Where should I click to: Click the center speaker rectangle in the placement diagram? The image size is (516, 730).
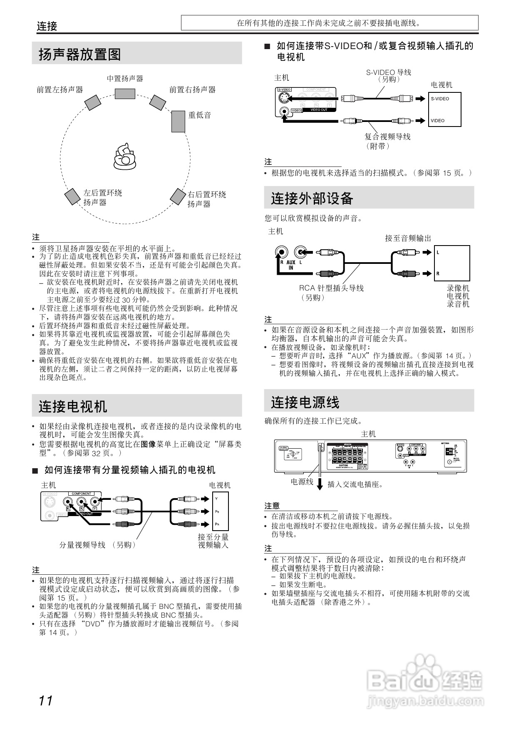tap(125, 94)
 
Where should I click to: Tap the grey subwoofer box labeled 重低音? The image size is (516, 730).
tap(178, 121)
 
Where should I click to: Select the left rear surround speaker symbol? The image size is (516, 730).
tap(72, 197)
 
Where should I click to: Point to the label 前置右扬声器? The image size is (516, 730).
tap(192, 89)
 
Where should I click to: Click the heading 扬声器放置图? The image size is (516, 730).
tap(80, 54)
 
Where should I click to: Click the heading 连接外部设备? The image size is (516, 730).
tap(312, 198)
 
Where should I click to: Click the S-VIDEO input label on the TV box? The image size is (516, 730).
tap(440, 99)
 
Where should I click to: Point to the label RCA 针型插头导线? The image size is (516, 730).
tap(331, 288)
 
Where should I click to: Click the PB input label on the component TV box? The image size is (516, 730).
tap(217, 511)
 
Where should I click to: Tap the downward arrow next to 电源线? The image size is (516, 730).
tap(320, 484)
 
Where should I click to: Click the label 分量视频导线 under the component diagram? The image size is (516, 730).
tap(82, 545)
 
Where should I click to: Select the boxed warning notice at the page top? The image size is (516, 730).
tap(329, 23)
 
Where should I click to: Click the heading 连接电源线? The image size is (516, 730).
tap(305, 402)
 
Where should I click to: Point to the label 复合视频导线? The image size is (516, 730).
tap(387, 137)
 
